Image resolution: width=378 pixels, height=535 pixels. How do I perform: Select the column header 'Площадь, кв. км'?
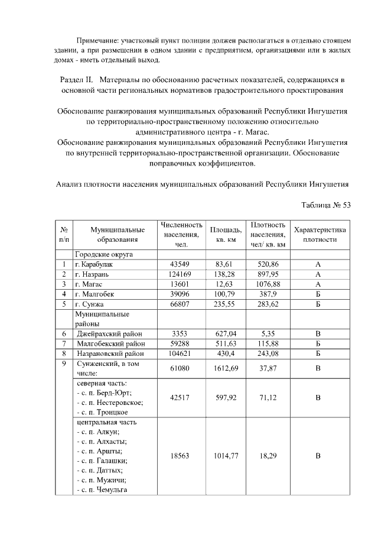[226, 234]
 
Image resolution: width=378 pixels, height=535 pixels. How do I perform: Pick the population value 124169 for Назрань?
[182, 274]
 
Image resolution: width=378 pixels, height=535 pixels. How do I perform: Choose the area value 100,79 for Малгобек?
[226, 294]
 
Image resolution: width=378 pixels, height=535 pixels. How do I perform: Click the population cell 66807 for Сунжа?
[182, 304]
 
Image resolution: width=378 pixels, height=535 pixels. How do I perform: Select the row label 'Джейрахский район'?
[109, 334]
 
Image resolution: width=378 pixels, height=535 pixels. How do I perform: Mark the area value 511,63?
[226, 344]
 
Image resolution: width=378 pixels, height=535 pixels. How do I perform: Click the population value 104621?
[182, 354]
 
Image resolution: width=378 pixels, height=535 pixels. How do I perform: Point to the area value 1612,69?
[226, 369]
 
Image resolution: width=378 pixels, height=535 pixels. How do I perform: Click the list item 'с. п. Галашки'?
[102, 461]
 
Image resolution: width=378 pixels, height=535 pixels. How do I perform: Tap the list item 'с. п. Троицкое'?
[103, 412]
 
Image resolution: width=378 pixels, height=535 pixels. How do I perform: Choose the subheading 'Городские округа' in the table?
[103, 254]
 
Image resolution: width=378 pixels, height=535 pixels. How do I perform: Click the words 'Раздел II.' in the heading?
[79, 79]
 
